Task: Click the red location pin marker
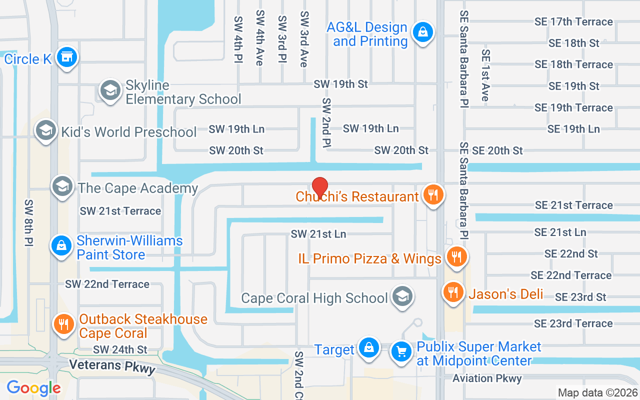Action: pyautogui.click(x=319, y=187)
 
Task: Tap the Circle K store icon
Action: pyautogui.click(x=66, y=58)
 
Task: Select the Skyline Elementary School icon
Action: pyautogui.click(x=110, y=91)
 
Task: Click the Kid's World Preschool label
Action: pyautogui.click(x=128, y=132)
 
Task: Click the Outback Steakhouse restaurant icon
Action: pyautogui.click(x=64, y=324)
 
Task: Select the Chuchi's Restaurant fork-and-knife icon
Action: pyautogui.click(x=433, y=195)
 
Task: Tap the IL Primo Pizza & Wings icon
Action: pyautogui.click(x=456, y=257)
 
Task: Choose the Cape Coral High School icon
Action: pyautogui.click(x=401, y=297)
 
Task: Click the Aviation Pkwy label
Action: pyautogui.click(x=487, y=378)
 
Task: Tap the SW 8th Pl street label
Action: pyautogui.click(x=29, y=222)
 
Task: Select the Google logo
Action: pyautogui.click(x=33, y=387)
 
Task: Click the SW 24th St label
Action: pyautogui.click(x=120, y=349)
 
